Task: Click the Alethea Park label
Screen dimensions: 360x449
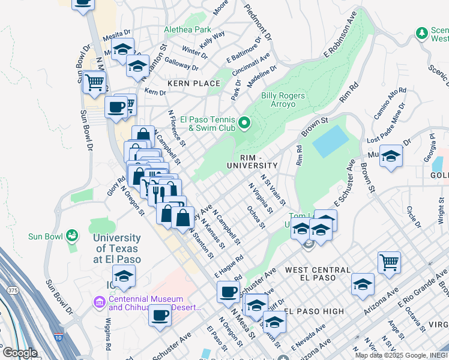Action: point(188,29)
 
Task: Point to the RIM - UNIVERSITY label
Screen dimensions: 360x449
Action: point(252,165)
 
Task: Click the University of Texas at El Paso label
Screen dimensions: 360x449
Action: point(117,249)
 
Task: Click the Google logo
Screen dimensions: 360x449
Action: point(19,352)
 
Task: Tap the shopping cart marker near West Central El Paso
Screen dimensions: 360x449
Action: point(389,262)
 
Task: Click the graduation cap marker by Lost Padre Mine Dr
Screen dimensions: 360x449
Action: point(391,156)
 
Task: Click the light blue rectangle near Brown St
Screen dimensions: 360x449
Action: point(330,142)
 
